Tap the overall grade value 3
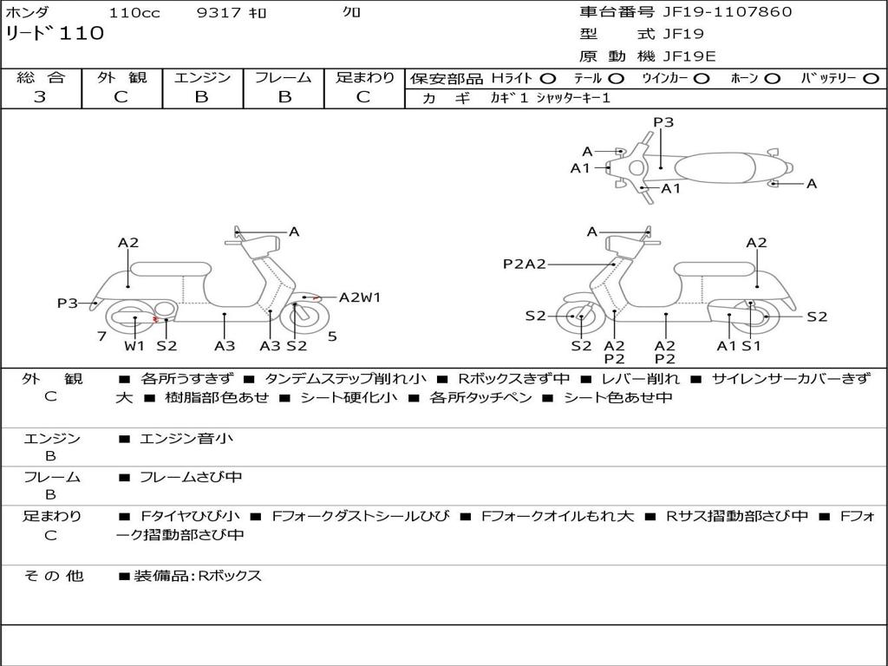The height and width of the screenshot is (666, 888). pyautogui.click(x=40, y=97)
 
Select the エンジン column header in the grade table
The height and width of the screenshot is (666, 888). pyautogui.click(x=202, y=77)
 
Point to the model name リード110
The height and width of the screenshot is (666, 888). pyautogui.click(x=55, y=34)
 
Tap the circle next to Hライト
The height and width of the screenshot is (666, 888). pyautogui.click(x=548, y=78)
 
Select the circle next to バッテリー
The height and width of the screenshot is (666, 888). pyautogui.click(x=871, y=78)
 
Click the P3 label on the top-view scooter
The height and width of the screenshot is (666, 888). pyautogui.click(x=663, y=122)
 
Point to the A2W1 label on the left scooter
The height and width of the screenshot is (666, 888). pyautogui.click(x=359, y=297)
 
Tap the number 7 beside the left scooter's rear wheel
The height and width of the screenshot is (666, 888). pyautogui.click(x=101, y=336)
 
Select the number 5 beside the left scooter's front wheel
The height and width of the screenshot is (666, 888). pyautogui.click(x=332, y=336)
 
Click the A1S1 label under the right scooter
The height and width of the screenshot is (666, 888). pyautogui.click(x=738, y=345)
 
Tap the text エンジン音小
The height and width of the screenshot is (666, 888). pyautogui.click(x=186, y=439)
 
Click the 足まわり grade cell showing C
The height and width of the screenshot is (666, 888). pyautogui.click(x=363, y=97)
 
